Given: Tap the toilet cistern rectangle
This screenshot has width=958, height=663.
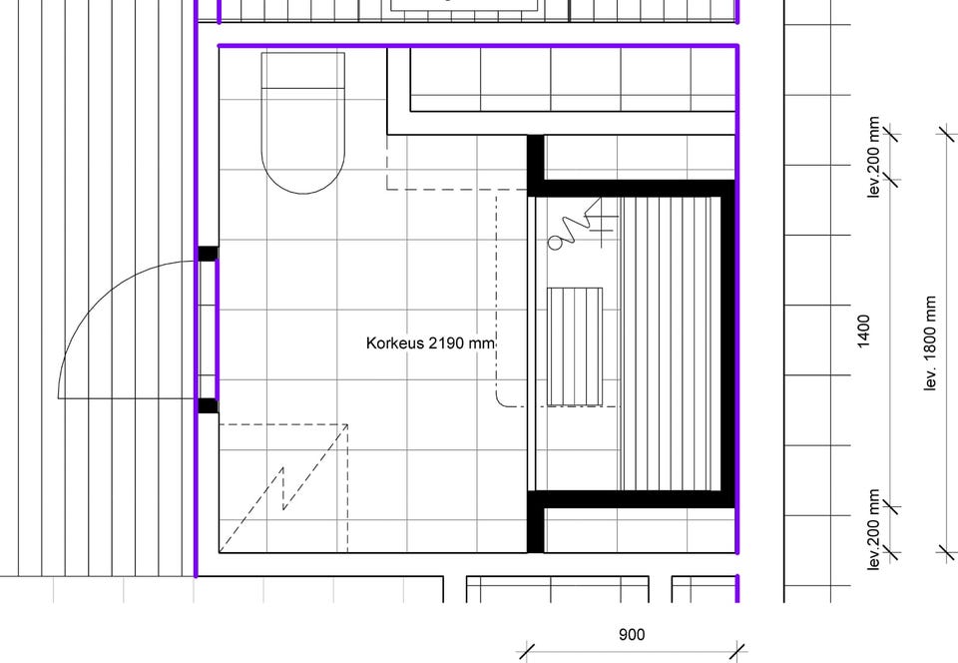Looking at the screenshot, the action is tap(303, 70).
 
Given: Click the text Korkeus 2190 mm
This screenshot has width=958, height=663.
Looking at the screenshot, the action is tap(430, 343).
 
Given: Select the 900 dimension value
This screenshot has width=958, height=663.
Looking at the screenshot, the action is tap(631, 635).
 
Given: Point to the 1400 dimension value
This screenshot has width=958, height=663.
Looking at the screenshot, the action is tap(863, 331).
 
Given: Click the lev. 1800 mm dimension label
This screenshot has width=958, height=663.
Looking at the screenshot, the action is tap(929, 342).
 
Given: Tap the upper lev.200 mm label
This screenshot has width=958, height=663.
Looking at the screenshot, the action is tap(874, 157).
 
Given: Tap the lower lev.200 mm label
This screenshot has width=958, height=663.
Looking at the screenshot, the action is tap(874, 530).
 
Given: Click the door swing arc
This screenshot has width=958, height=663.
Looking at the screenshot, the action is tap(92, 294).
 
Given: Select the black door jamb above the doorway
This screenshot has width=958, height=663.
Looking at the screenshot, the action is tap(208, 254).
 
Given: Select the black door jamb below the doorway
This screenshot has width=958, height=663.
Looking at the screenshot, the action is tap(208, 405).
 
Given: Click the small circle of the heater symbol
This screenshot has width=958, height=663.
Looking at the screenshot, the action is tap(555, 244).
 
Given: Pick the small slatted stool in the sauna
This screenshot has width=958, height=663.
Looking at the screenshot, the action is tap(575, 346).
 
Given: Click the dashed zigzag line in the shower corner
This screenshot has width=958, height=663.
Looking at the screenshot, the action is tap(283, 487).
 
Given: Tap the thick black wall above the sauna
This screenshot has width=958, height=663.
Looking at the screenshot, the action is tap(631, 188).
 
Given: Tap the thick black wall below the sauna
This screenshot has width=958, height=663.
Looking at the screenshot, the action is tap(631, 499).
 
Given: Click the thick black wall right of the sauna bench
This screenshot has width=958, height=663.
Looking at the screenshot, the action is tap(727, 343).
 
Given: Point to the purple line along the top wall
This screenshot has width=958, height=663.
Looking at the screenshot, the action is tap(478, 45).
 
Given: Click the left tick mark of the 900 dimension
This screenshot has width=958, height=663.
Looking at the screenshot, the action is tap(527, 651).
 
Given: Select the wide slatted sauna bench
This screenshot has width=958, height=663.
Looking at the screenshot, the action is tap(671, 343).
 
